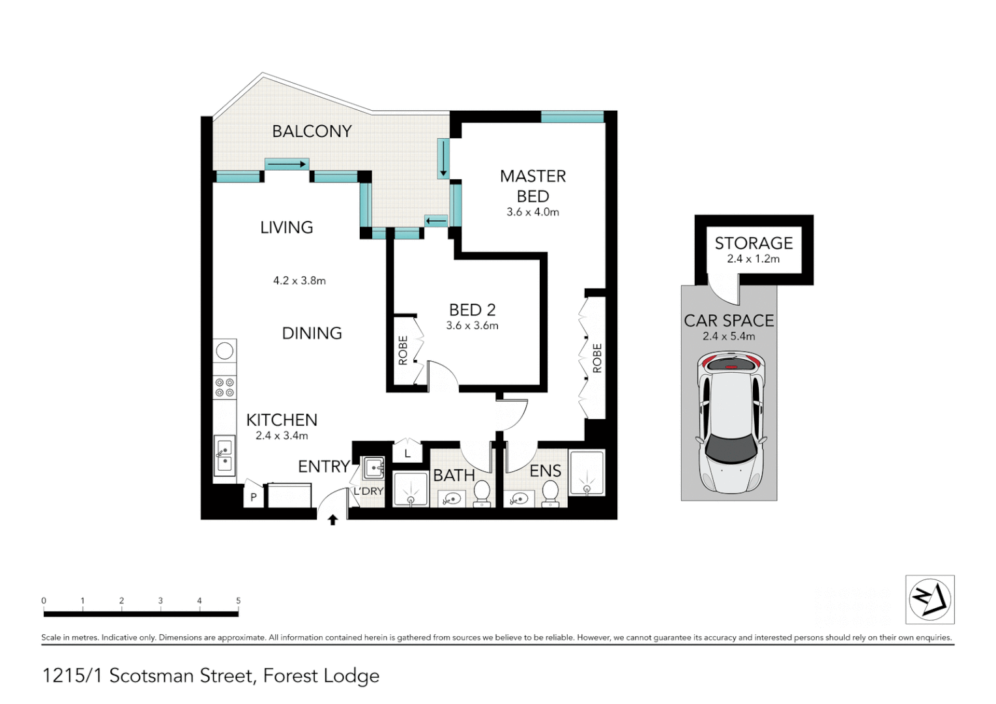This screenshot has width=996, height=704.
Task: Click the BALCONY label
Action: pyautogui.click(x=312, y=131)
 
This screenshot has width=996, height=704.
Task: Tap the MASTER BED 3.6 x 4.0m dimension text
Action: pyautogui.click(x=533, y=212)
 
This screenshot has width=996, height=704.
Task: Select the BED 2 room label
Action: pyautogui.click(x=472, y=310)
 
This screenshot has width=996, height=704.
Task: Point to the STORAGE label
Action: pyautogui.click(x=754, y=243)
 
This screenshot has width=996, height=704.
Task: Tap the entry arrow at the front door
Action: pyautogui.click(x=332, y=520)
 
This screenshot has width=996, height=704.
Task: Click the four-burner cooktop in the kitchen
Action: pyautogui.click(x=225, y=387)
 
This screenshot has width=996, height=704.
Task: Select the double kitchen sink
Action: pyautogui.click(x=224, y=456)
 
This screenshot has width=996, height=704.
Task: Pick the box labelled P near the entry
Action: pyautogui.click(x=254, y=497)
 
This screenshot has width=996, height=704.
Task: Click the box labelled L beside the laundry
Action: pyautogui.click(x=407, y=453)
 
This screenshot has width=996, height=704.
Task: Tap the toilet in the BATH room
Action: pyautogui.click(x=482, y=493)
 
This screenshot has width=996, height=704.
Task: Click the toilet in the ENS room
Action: pyautogui.click(x=551, y=493)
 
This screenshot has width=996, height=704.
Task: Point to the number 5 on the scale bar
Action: pyautogui.click(x=239, y=601)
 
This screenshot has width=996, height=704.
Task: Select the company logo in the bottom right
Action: pyautogui.click(x=930, y=600)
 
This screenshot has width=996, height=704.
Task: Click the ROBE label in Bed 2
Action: pyautogui.click(x=403, y=350)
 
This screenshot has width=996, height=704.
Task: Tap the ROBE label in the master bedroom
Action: pyautogui.click(x=597, y=359)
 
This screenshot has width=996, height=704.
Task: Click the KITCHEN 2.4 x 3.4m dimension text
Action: pyautogui.click(x=282, y=435)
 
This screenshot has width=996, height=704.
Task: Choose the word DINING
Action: pyautogui.click(x=312, y=333)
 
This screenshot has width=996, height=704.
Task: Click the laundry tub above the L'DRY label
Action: pyautogui.click(x=374, y=467)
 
